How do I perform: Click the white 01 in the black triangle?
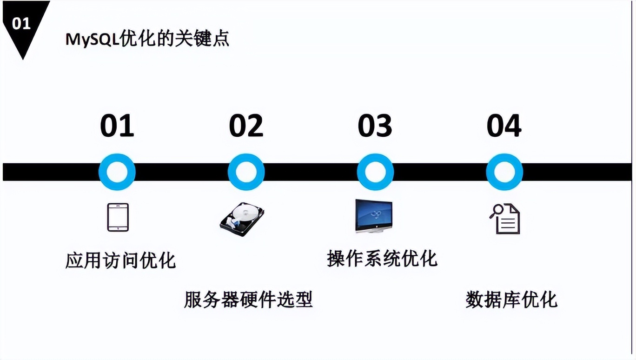(x=21, y=24)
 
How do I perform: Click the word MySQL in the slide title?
(x=92, y=39)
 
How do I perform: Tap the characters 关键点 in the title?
(x=202, y=39)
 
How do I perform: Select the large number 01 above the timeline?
(x=117, y=126)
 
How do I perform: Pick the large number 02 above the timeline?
(x=246, y=126)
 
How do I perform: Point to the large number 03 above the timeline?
(x=375, y=126)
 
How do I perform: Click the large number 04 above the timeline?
(x=504, y=126)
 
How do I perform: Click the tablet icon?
(x=118, y=217)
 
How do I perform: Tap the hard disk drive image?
(x=242, y=220)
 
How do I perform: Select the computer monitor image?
(x=374, y=216)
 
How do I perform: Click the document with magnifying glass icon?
(x=504, y=219)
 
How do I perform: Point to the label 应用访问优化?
(x=121, y=260)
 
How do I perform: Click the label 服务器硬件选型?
(x=248, y=300)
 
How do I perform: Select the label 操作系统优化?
(x=382, y=259)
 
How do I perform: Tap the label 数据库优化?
(x=512, y=300)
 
